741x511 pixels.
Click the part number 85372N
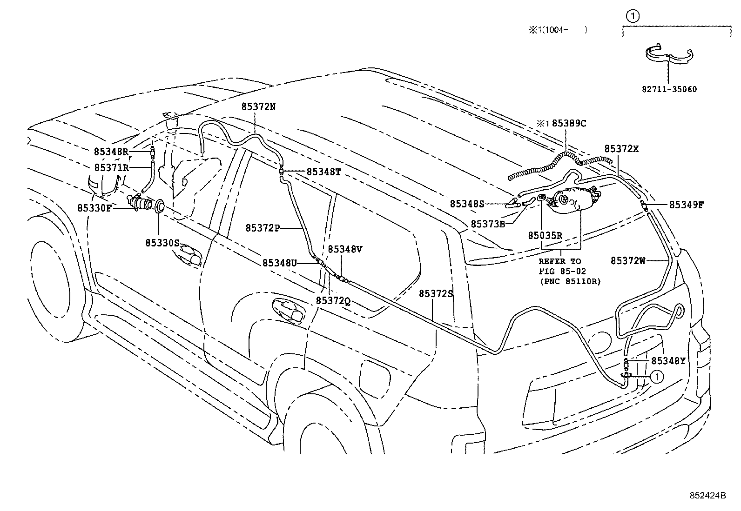(258, 106)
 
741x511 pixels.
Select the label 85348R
(111, 152)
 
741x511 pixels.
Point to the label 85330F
(94, 208)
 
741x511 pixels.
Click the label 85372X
(621, 149)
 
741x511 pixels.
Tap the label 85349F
(687, 204)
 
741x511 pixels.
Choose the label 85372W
(628, 261)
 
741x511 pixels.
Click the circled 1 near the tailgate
(656, 377)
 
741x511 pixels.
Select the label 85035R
(545, 236)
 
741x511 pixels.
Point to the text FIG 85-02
(562, 271)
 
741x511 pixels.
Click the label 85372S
(436, 293)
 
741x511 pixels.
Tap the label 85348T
(323, 172)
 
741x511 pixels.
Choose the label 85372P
(263, 228)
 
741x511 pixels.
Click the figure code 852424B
(707, 495)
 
